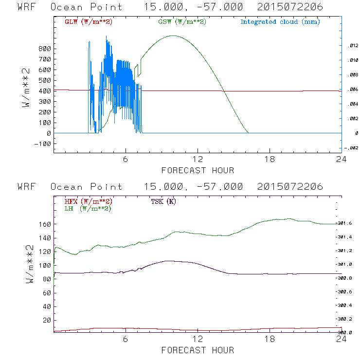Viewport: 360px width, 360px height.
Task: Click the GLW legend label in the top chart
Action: [x=89, y=22]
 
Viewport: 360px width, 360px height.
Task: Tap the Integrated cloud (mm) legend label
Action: [x=280, y=22]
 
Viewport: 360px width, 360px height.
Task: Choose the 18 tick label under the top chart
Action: [x=270, y=160]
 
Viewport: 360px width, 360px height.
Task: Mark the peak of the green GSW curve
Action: [x=172, y=36]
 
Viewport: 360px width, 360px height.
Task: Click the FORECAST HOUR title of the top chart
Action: [x=198, y=170]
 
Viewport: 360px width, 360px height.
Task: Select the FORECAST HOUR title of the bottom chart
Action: [x=198, y=350]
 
